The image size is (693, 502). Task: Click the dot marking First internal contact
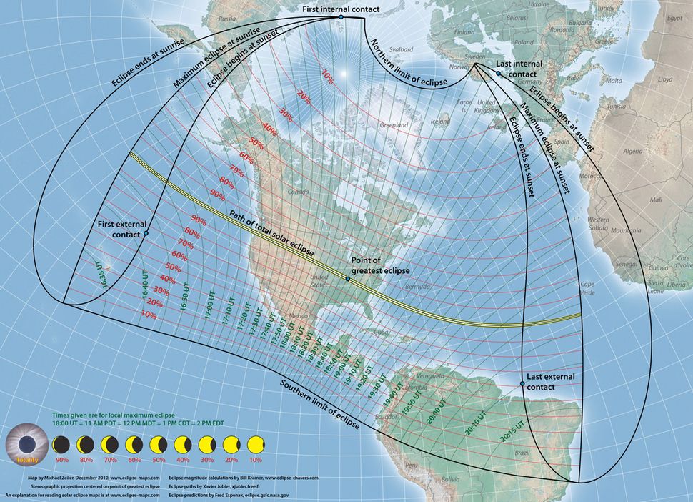pyautogui.click(x=341, y=16)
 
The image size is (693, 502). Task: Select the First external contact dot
pyautogui.click(x=146, y=233)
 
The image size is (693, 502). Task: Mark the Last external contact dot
pyautogui.click(x=522, y=384)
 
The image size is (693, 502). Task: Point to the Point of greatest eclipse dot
pyautogui.click(x=348, y=279)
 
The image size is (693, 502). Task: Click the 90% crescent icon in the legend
pyautogui.click(x=62, y=445)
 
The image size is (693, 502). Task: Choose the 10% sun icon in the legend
pyautogui.click(x=254, y=445)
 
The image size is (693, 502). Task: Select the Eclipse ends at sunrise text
pyautogui.click(x=147, y=64)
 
